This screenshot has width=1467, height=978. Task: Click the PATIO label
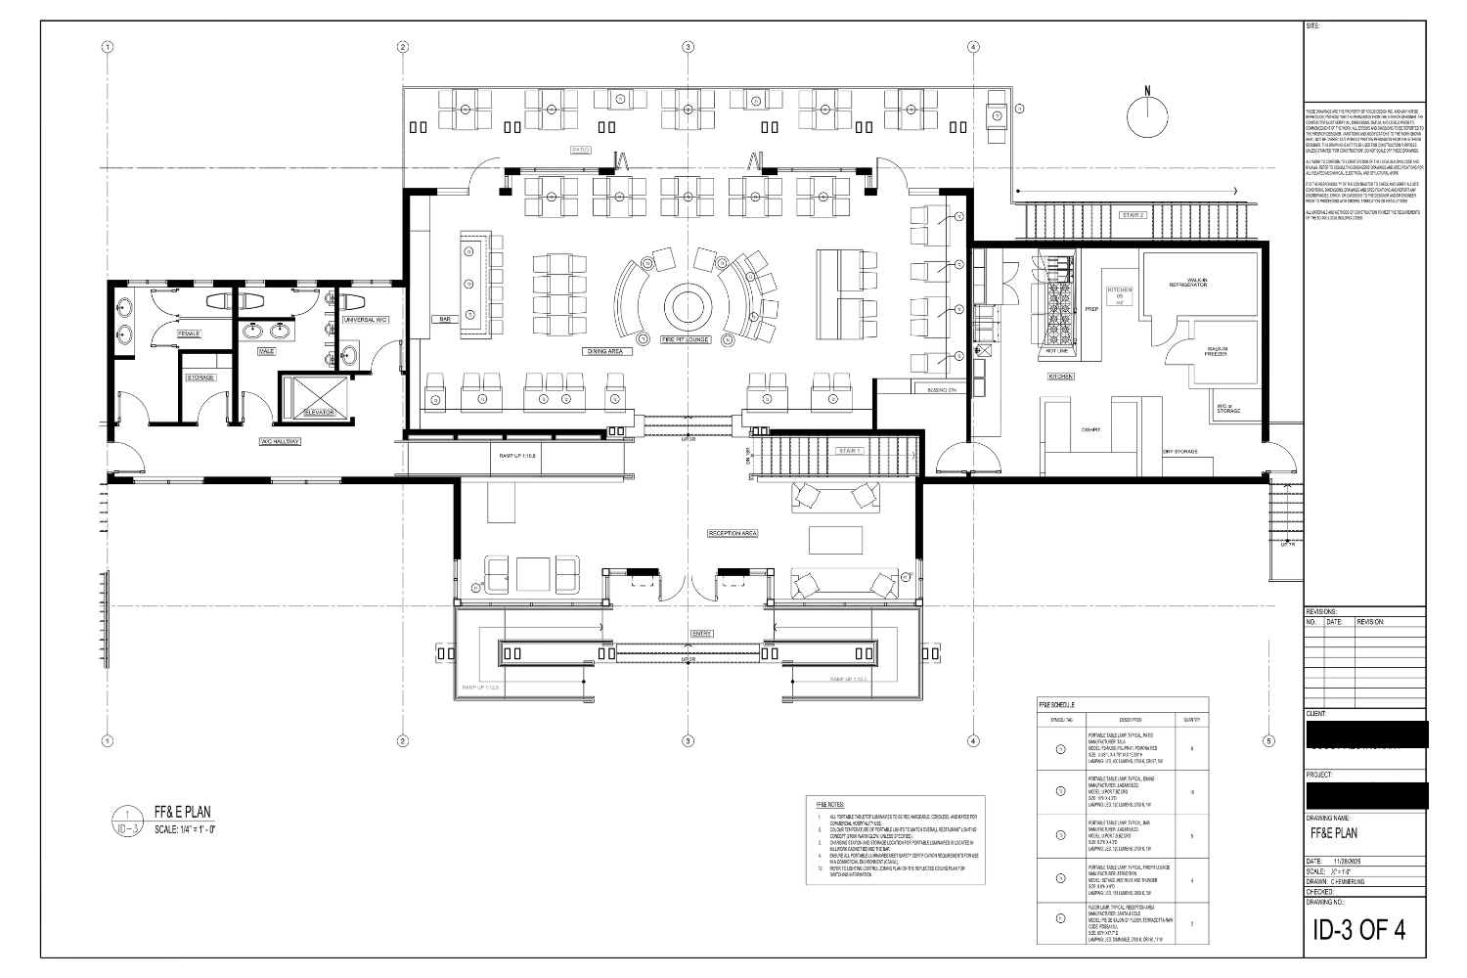coord(581,150)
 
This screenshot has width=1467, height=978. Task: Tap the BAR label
coord(444,319)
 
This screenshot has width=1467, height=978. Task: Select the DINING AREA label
coord(604,350)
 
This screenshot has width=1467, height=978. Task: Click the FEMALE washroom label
coord(189,333)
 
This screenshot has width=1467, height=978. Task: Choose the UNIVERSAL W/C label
coord(367,319)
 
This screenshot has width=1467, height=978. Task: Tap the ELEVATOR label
coord(319,413)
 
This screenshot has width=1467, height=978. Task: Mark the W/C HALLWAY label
coord(281,442)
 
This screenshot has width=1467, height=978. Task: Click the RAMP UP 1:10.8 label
coord(518,456)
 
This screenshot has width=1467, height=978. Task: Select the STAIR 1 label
coord(848,451)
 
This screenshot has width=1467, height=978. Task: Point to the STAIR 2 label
coord(1133,214)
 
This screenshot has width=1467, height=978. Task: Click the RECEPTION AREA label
coord(733,533)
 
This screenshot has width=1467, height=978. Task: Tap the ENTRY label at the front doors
coord(702,634)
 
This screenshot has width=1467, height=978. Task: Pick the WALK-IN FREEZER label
coord(1217,350)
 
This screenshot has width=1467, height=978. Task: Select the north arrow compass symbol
coord(1148,114)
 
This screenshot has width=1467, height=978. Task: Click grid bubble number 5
coord(1268,739)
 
